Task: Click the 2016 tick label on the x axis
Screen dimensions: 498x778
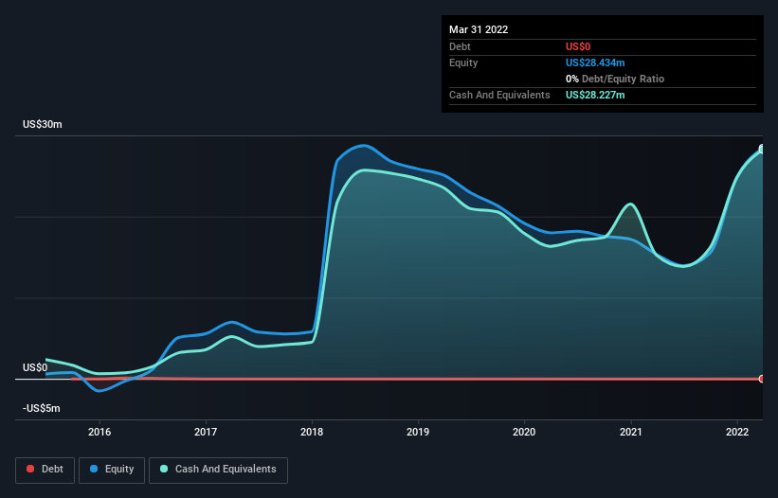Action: click(100, 432)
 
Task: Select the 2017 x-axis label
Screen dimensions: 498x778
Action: click(206, 432)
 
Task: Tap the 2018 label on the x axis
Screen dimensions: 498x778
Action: click(312, 432)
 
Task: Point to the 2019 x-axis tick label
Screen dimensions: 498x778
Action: click(418, 432)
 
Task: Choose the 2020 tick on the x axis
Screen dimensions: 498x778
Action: click(524, 432)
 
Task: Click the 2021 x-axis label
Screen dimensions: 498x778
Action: click(631, 432)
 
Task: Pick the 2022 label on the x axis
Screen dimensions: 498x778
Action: click(737, 432)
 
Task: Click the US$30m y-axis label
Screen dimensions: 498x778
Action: click(43, 125)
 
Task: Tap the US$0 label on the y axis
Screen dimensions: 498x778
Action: click(35, 367)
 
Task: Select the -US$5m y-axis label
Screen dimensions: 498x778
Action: click(42, 408)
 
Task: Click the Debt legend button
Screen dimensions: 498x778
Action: click(44, 469)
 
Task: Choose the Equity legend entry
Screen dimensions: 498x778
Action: click(112, 469)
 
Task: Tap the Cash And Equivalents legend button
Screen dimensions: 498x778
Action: click(218, 469)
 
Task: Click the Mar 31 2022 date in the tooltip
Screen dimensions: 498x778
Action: click(479, 29)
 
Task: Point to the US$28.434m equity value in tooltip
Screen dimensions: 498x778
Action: click(595, 62)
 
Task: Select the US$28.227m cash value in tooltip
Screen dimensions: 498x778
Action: click(595, 95)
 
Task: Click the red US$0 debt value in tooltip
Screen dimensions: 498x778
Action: click(578, 46)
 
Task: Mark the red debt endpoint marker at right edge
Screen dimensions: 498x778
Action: click(762, 379)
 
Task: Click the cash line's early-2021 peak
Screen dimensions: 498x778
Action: click(629, 205)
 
